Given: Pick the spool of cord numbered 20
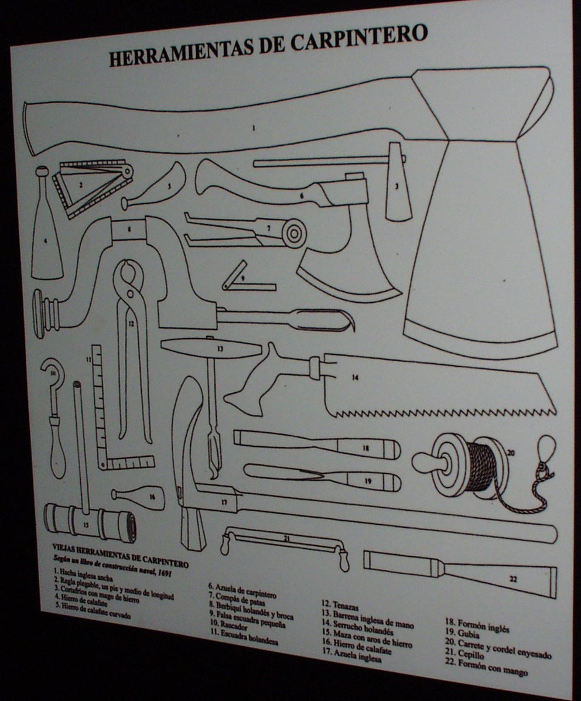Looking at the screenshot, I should click(x=469, y=463).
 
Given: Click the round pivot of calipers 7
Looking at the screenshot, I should click(x=292, y=232).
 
